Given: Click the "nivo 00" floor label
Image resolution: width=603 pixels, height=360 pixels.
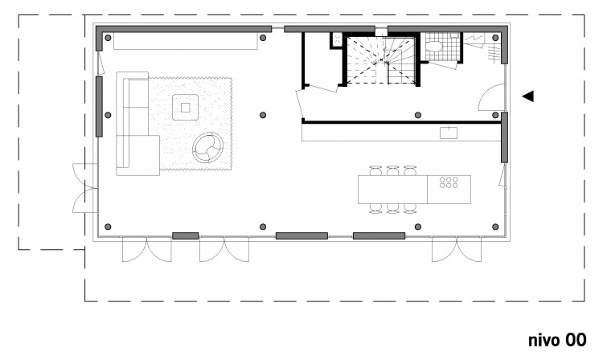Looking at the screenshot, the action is click(557, 341).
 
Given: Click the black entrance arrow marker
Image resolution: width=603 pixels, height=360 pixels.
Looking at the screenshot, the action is click(528, 96).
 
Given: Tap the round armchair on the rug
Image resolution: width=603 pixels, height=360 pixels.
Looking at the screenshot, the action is click(207, 148).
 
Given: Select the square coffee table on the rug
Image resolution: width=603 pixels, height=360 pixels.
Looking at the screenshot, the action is click(186, 107).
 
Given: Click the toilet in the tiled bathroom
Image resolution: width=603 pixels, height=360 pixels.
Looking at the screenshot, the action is click(434, 47).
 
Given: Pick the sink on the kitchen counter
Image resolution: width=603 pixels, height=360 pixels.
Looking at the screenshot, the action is click(449, 133).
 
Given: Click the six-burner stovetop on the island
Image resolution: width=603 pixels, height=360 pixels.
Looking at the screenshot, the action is click(449, 182).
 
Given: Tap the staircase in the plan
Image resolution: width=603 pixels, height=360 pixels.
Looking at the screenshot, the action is click(381, 60).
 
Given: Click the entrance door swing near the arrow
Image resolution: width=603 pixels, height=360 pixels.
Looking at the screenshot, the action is click(491, 97).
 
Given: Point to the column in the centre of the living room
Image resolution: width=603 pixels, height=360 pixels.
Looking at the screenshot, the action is click(263, 115).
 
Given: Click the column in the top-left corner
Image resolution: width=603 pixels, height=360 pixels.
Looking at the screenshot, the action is click(108, 38).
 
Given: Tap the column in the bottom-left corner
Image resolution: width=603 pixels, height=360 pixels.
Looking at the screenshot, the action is click(108, 227).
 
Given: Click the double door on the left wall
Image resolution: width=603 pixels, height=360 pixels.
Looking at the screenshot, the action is click(85, 188).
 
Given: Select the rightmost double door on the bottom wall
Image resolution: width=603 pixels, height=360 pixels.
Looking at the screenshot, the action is click(457, 249).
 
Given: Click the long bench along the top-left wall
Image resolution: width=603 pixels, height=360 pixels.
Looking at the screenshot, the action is click(186, 41).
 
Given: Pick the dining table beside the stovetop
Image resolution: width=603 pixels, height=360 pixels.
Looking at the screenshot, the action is click(392, 190).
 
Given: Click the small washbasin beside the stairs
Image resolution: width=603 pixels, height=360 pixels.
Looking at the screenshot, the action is click(337, 39).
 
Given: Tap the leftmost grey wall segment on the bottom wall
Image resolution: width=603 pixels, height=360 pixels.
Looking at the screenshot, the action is click(186, 236).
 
